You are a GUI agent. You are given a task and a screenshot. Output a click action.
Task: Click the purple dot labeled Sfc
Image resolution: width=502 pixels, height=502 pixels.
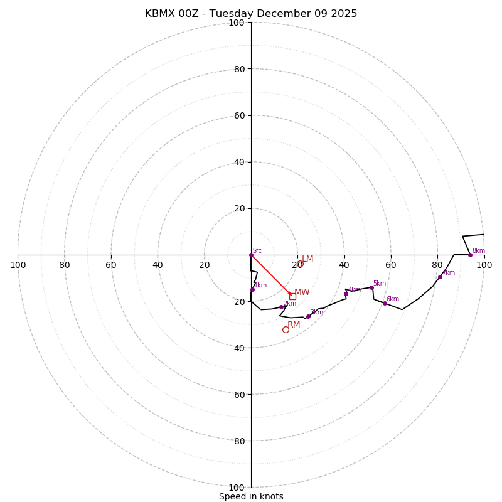click(x=251, y=255)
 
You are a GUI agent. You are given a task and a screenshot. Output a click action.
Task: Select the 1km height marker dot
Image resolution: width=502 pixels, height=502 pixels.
click(x=252, y=289)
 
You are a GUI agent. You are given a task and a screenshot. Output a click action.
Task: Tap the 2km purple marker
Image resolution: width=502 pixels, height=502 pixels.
click(x=281, y=307)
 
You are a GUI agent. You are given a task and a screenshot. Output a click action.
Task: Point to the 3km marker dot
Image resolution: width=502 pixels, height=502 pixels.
click(x=308, y=316)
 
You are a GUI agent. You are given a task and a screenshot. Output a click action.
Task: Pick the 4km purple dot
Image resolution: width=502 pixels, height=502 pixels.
click(x=346, y=294)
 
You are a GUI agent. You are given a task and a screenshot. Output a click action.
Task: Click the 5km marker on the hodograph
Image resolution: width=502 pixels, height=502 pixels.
click(x=371, y=287)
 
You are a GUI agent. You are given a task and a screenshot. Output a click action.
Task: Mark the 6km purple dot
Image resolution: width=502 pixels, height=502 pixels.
click(x=385, y=303)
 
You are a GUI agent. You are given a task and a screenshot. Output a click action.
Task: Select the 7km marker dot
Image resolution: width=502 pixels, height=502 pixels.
click(x=440, y=277)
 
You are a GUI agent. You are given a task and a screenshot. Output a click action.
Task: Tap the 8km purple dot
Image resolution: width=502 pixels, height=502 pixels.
click(x=470, y=255)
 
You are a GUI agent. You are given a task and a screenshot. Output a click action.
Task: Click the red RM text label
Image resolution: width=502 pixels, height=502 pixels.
click(x=294, y=324)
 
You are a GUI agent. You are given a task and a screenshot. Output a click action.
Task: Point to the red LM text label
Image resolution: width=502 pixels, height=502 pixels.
click(x=307, y=259)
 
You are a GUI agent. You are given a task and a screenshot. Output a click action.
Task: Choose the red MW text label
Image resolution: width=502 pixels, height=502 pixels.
click(x=302, y=292)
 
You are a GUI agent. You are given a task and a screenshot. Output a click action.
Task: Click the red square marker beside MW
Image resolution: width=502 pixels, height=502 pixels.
click(x=292, y=296)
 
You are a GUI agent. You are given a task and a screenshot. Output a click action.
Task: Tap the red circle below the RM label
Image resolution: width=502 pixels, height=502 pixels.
click(x=286, y=329)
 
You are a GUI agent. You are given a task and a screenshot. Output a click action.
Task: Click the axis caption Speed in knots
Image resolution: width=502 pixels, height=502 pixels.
click(x=251, y=496)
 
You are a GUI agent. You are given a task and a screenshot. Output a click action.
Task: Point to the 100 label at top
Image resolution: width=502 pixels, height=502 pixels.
click(x=237, y=23)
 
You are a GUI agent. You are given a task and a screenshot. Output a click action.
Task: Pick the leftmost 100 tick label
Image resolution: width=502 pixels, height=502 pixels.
click(x=18, y=265)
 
